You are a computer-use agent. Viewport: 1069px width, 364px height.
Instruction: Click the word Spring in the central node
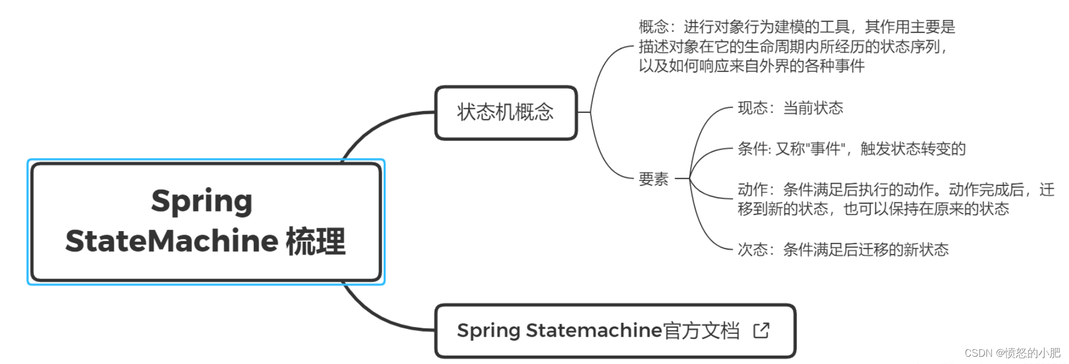coord(201,201)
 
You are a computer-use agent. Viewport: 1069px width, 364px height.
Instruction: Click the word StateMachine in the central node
coord(171,241)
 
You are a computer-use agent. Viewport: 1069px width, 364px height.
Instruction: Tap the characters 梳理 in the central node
coord(316,241)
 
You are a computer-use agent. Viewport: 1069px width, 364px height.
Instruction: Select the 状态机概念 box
coord(505,112)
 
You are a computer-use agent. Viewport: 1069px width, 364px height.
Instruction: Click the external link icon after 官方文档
coord(761,331)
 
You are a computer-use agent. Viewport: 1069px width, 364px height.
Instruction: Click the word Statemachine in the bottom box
coord(594,331)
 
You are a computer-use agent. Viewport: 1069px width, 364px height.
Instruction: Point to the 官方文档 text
coord(701,331)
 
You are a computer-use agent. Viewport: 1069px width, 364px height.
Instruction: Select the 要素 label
coord(653,179)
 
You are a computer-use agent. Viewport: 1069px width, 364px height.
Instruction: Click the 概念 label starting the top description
coord(653,27)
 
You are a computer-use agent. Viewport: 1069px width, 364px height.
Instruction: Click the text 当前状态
coord(813,108)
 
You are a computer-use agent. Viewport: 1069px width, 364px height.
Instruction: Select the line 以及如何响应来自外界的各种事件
coord(752,66)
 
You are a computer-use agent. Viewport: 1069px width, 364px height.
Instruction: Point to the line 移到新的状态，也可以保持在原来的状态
coord(873,209)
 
